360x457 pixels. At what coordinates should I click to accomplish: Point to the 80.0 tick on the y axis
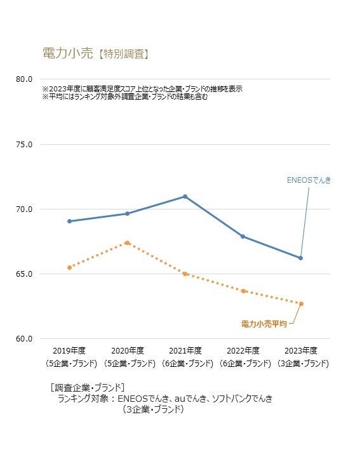click(x=24, y=79)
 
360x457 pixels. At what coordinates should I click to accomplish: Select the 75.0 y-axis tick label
click(x=24, y=144)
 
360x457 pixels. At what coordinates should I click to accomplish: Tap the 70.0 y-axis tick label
click(x=24, y=209)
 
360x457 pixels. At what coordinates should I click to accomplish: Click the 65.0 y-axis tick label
click(x=24, y=274)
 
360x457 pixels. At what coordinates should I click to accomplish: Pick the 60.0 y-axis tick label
click(x=24, y=338)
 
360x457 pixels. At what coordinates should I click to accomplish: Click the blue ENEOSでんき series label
click(x=309, y=180)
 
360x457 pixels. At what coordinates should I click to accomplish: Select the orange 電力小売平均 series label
click(x=263, y=324)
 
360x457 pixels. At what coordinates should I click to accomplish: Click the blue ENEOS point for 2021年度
click(x=185, y=196)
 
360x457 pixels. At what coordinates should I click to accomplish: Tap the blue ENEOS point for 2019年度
click(x=70, y=221)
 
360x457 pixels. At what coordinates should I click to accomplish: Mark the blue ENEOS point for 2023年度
click(x=301, y=258)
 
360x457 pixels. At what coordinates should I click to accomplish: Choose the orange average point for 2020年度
click(x=128, y=242)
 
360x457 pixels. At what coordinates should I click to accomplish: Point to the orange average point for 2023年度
click(x=301, y=303)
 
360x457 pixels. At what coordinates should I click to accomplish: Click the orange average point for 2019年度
click(x=70, y=267)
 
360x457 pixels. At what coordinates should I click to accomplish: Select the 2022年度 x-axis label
click(x=243, y=350)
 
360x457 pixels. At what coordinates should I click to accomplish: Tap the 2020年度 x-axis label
click(x=128, y=350)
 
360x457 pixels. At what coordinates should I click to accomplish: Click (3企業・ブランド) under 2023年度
click(x=301, y=364)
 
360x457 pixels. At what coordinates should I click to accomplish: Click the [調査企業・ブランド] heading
click(x=87, y=387)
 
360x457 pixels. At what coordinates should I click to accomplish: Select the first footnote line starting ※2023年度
click(x=142, y=89)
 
